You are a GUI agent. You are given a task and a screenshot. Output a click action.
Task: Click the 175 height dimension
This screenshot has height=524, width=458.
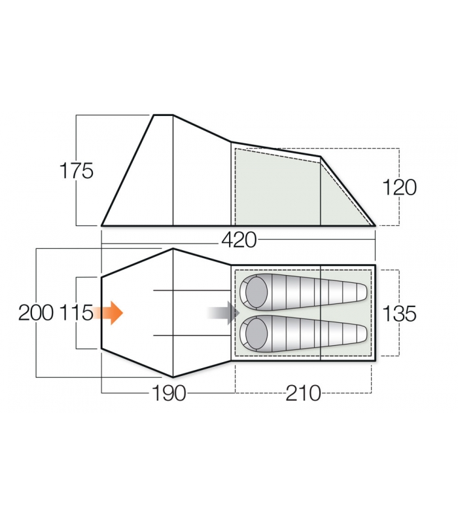(76, 171)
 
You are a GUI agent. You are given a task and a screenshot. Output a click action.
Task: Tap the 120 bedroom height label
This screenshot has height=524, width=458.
(399, 187)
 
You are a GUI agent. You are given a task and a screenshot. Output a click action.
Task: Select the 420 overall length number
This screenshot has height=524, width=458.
(239, 240)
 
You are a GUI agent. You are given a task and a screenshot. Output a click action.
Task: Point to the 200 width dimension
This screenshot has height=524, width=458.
(36, 313)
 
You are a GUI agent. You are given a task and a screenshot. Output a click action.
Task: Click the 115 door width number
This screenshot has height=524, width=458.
(76, 313)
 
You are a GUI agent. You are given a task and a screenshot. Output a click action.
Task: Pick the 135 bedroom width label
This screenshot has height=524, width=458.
(399, 314)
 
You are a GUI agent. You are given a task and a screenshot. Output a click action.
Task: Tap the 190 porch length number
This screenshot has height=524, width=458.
(169, 393)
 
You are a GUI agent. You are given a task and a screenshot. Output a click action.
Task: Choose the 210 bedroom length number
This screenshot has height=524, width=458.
(303, 393)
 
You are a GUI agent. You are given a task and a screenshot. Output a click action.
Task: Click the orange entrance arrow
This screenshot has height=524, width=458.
(107, 313)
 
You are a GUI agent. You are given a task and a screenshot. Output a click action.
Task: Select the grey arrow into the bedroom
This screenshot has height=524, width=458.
(223, 313)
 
